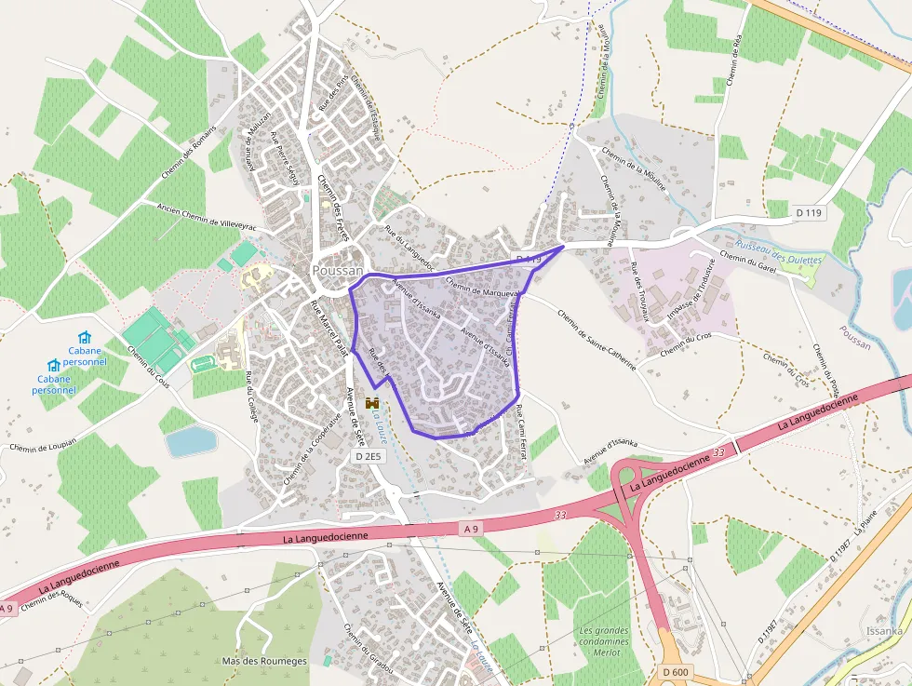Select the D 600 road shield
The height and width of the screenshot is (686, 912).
676,672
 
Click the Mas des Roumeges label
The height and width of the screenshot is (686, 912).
264,661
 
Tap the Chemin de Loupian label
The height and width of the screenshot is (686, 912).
42,448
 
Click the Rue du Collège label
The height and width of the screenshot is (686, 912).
249,397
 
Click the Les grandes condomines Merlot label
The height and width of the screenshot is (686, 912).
603,641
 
